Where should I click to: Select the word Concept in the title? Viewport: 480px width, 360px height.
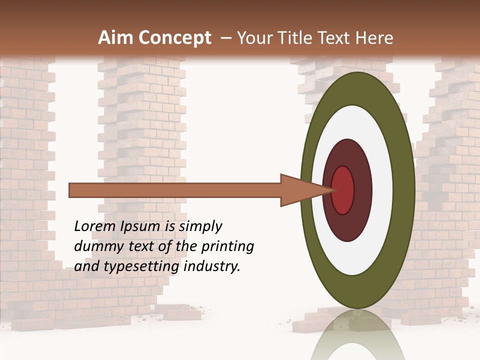click(x=175, y=38)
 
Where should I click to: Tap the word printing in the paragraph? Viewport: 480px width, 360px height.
click(x=227, y=247)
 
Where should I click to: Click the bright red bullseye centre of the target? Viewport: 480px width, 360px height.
click(x=343, y=190)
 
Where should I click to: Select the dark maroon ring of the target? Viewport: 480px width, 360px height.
click(x=362, y=190)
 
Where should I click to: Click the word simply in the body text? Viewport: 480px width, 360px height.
click(x=199, y=226)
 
